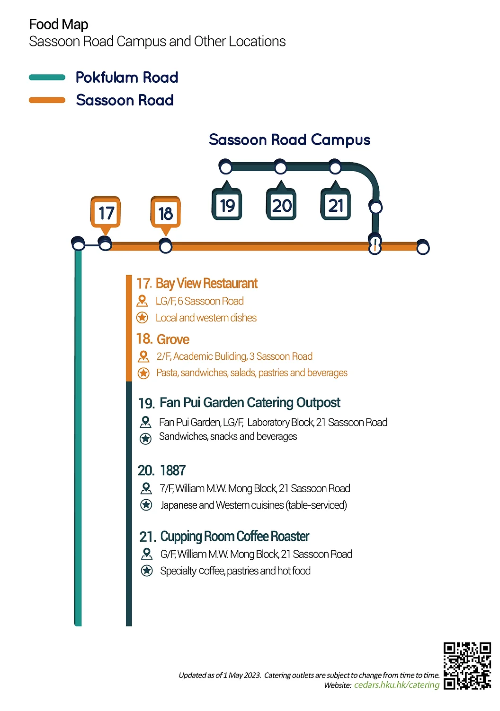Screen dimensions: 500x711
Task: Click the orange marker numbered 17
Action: [106, 213]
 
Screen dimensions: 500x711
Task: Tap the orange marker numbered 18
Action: [166, 213]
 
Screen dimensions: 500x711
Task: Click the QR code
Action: [467, 666]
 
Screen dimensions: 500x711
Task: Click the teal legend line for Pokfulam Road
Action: [47, 78]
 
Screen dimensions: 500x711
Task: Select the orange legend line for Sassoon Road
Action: [47, 100]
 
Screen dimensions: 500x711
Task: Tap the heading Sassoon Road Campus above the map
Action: [290, 140]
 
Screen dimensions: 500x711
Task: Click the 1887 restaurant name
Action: [173, 470]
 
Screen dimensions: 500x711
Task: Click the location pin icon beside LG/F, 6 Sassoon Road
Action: [142, 301]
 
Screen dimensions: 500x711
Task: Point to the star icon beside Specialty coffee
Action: [146, 571]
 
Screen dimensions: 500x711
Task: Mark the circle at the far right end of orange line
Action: [423, 247]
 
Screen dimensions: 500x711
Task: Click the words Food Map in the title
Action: [59, 25]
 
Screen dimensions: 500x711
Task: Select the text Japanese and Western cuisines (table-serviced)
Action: [254, 505]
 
